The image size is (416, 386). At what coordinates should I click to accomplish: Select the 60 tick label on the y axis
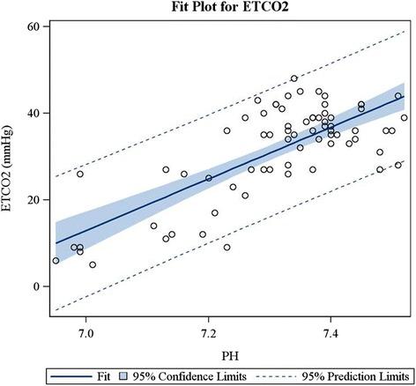point(34,27)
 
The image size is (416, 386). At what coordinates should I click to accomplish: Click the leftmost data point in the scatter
point(56,260)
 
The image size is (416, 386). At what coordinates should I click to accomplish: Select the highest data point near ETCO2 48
point(294,79)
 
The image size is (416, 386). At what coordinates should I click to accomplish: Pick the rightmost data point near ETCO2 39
point(405,117)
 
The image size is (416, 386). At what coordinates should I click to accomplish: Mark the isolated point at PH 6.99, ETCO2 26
point(80,174)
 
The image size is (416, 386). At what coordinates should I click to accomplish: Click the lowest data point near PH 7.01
point(93,264)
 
